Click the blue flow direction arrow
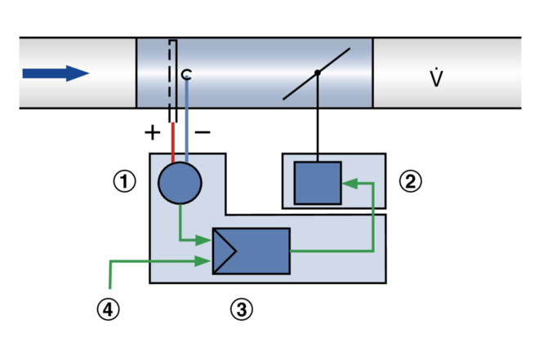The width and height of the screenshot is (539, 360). pyautogui.click(x=56, y=73)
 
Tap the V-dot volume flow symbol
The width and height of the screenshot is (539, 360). pyautogui.click(x=436, y=78)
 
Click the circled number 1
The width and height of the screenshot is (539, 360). pyautogui.click(x=124, y=181)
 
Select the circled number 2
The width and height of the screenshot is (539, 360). pyautogui.click(x=411, y=181)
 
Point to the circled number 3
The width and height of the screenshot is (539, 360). pyautogui.click(x=241, y=309)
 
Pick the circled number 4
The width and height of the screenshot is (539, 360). pyautogui.click(x=109, y=309)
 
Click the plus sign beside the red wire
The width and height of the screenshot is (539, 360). pyautogui.click(x=152, y=132)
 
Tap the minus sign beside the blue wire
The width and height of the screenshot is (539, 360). pyautogui.click(x=203, y=131)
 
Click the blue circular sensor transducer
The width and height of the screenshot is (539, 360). pyautogui.click(x=180, y=183)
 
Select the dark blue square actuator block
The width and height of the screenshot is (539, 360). pyautogui.click(x=318, y=183)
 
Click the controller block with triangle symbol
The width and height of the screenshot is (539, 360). pyautogui.click(x=252, y=251)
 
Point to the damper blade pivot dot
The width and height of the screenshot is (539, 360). pyautogui.click(x=318, y=73)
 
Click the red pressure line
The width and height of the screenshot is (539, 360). pyautogui.click(x=173, y=142)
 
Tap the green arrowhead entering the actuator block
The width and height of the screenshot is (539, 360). pyautogui.click(x=350, y=184)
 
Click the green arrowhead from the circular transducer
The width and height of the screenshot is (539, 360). pyautogui.click(x=203, y=240)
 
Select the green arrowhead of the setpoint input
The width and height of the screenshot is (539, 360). pyautogui.click(x=203, y=261)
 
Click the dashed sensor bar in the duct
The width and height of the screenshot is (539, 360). pyautogui.click(x=172, y=81)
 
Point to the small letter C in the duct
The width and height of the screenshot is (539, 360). pyautogui.click(x=186, y=73)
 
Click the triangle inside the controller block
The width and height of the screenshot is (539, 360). pyautogui.click(x=224, y=251)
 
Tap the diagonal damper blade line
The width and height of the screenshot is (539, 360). pyautogui.click(x=316, y=73)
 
